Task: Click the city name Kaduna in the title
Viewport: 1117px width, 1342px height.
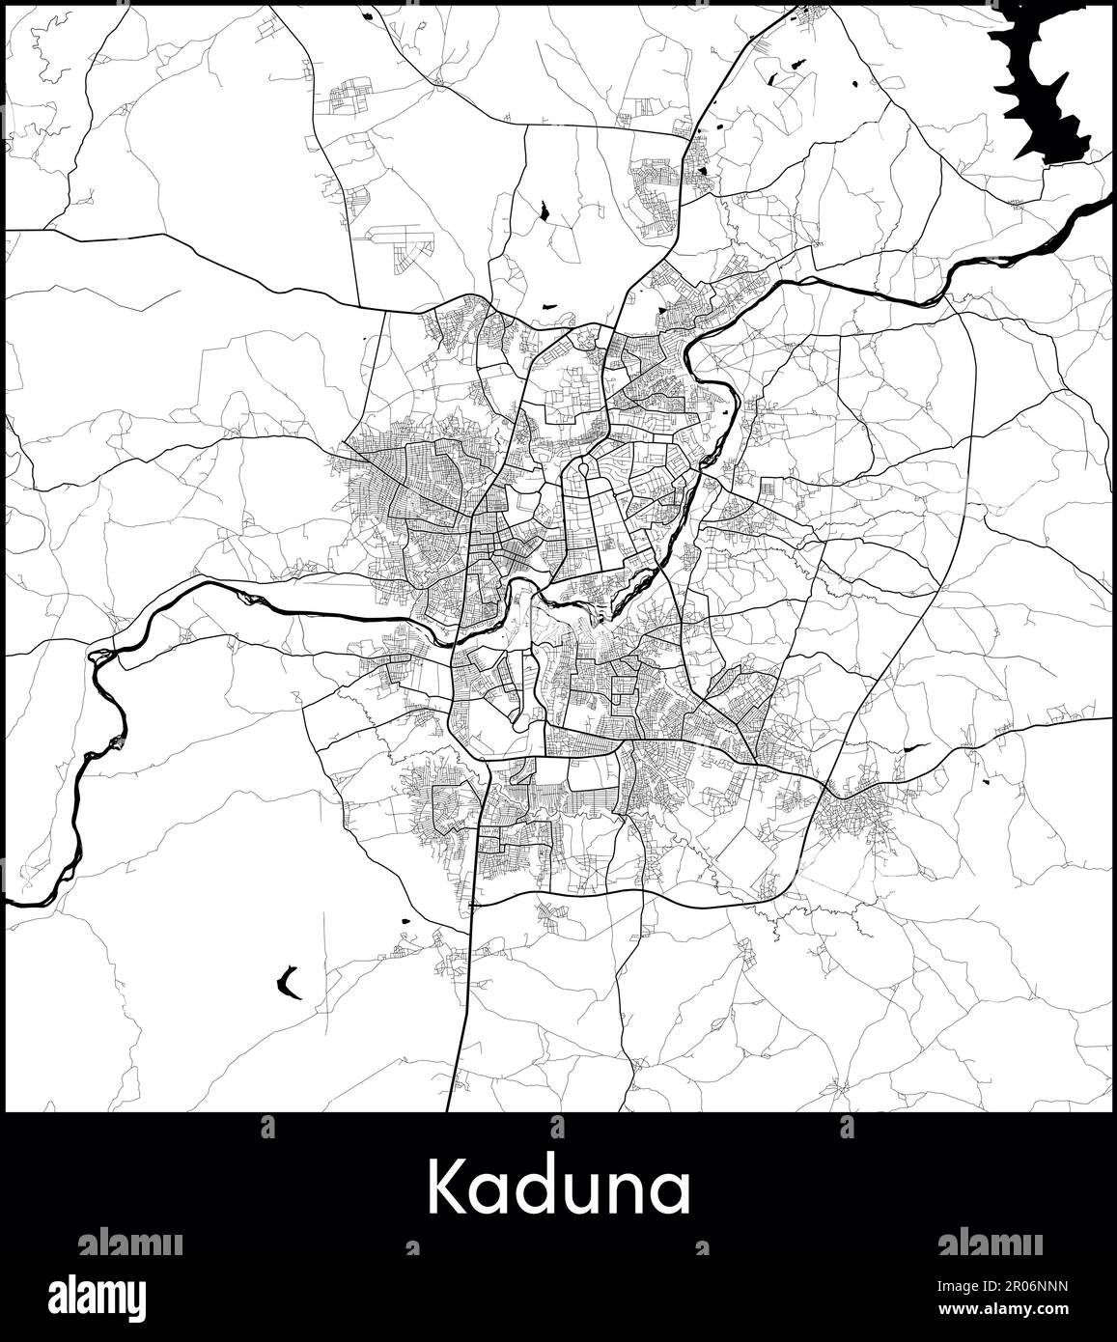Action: click(x=559, y=1188)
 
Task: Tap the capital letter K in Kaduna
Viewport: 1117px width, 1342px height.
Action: click(x=446, y=1187)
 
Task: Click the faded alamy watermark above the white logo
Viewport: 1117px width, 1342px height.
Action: click(x=130, y=1243)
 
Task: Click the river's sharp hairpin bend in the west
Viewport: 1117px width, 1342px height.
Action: click(x=97, y=657)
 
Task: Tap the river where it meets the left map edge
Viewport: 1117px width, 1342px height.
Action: click(x=10, y=904)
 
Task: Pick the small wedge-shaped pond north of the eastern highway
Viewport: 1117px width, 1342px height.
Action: click(x=912, y=747)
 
